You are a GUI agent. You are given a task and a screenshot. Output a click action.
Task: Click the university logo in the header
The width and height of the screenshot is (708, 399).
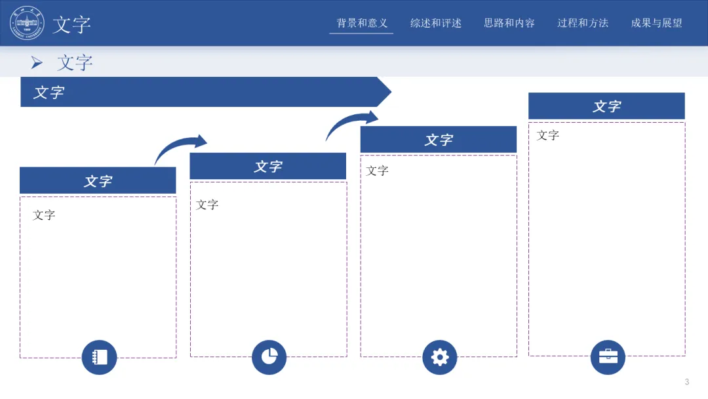(27, 23)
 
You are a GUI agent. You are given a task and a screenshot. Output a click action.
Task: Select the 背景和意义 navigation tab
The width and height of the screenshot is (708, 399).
(362, 23)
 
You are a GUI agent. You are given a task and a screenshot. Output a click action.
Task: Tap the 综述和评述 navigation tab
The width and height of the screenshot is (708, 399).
(436, 23)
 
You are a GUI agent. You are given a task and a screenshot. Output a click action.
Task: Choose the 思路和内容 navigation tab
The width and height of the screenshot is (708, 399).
(509, 23)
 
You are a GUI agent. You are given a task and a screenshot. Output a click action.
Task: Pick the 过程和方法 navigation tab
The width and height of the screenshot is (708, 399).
(583, 23)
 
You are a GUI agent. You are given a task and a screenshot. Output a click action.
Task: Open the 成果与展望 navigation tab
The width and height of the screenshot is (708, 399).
(656, 23)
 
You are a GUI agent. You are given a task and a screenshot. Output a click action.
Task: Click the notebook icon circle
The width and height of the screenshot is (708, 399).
(99, 357)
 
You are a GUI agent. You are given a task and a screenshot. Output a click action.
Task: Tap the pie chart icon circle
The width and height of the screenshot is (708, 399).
(269, 357)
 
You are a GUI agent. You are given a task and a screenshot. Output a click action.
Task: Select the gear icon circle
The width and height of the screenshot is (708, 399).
(440, 357)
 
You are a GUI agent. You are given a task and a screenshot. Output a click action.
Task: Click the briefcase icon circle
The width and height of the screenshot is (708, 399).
(608, 357)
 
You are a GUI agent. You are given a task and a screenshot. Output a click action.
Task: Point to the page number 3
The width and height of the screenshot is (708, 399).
(686, 382)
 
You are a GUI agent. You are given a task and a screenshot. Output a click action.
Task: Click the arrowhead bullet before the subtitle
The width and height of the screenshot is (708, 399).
(37, 63)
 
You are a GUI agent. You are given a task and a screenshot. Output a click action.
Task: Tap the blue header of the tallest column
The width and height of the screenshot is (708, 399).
(606, 106)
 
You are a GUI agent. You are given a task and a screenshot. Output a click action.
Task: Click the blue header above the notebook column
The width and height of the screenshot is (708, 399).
(98, 180)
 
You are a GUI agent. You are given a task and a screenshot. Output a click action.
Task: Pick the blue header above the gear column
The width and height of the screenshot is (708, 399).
(439, 140)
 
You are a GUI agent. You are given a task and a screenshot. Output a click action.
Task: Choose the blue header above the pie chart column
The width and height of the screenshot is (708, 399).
(268, 166)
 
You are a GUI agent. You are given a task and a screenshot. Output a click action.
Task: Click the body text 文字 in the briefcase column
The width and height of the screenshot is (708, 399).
(548, 135)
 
